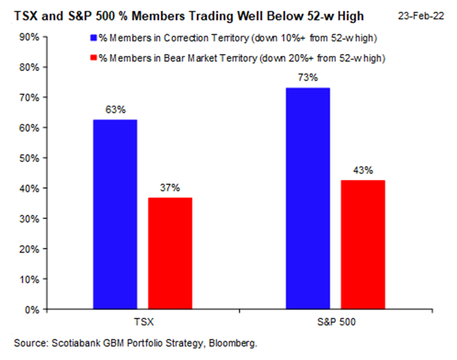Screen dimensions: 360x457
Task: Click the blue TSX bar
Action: (115, 215)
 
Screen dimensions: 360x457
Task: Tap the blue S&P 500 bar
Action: (308, 199)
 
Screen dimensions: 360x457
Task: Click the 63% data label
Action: (115, 110)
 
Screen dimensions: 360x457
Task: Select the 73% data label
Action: (308, 78)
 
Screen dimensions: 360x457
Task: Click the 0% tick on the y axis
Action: (31, 309)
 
